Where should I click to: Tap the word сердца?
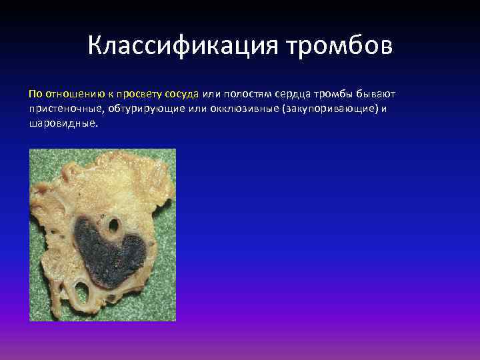pyautogui.click(x=296, y=93)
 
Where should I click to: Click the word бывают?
pyautogui.click(x=379, y=93)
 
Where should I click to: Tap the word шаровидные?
pyautogui.click(x=63, y=124)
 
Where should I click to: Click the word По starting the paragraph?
pyautogui.click(x=35, y=93)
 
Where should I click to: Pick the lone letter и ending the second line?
pyautogui.click(x=385, y=109)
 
